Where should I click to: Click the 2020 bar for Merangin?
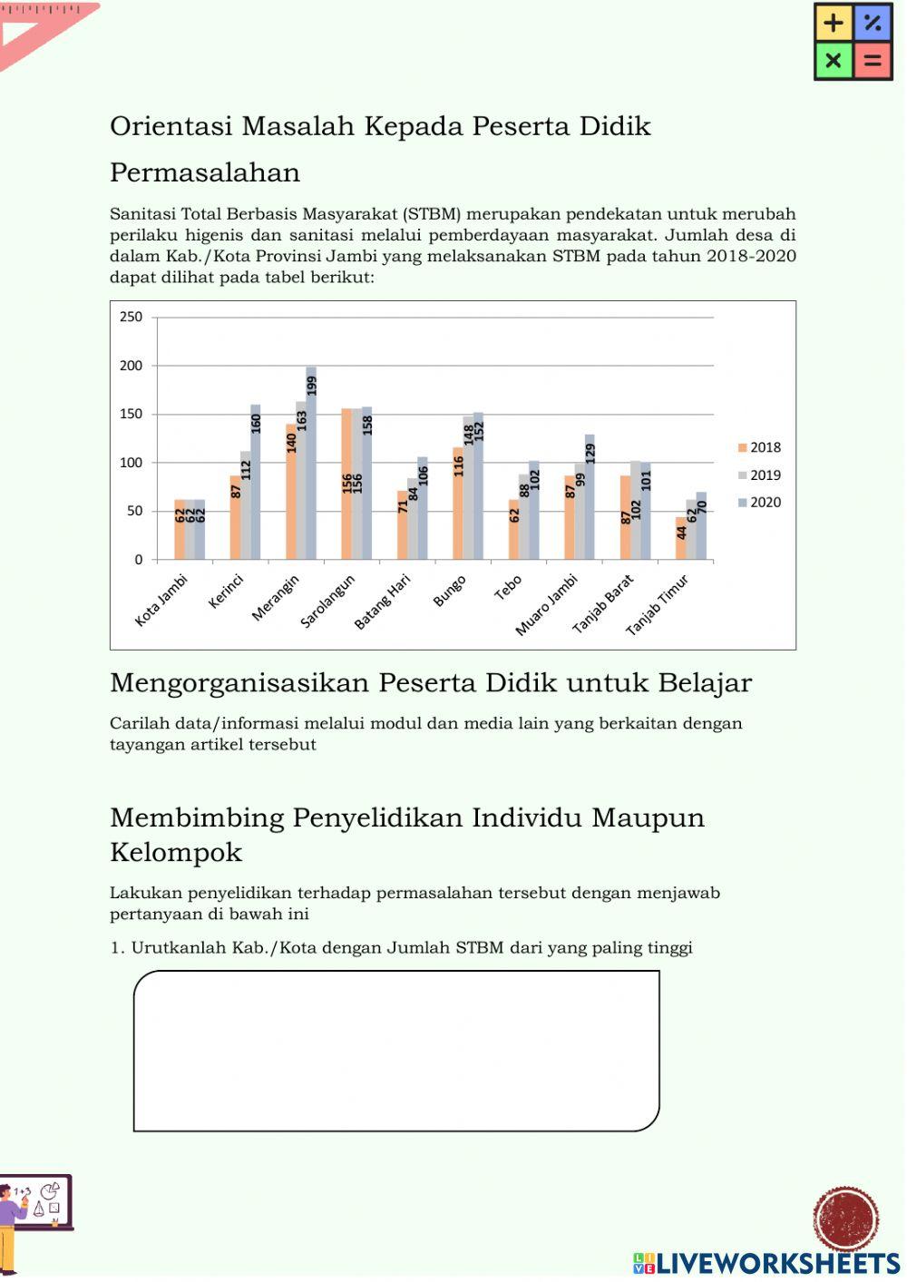[311, 463]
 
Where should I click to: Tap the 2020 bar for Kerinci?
[256, 482]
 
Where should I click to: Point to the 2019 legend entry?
[759, 475]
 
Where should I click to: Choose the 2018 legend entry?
[759, 447]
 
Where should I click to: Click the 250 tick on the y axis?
[132, 317]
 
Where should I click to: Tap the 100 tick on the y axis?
[132, 463]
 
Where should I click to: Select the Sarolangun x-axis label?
[327, 601]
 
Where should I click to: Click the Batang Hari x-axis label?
[382, 602]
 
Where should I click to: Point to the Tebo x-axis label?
[508, 587]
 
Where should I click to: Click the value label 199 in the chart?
[311, 386]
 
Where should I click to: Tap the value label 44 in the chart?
[681, 532]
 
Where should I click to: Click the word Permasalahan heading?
[205, 172]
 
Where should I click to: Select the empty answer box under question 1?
[396, 1051]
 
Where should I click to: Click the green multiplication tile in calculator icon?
[834, 61]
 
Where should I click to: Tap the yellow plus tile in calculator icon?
[834, 23]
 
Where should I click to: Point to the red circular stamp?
[845, 1218]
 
